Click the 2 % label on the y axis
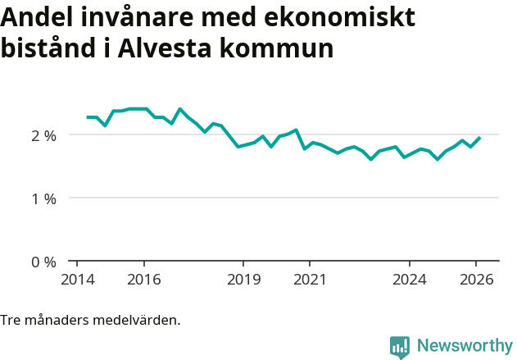tap(43, 135)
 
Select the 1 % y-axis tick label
tap(43, 198)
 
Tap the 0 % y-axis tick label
tap(43, 262)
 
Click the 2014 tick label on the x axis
tap(77, 279)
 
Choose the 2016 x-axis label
tap(144, 279)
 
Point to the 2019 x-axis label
tap(243, 279)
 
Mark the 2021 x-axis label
tap(310, 279)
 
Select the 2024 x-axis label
tap(410, 279)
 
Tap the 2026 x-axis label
tap(476, 279)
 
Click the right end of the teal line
tap(479, 138)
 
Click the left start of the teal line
tap(88, 117)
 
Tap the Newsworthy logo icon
tap(400, 346)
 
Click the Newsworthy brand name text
tap(465, 346)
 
